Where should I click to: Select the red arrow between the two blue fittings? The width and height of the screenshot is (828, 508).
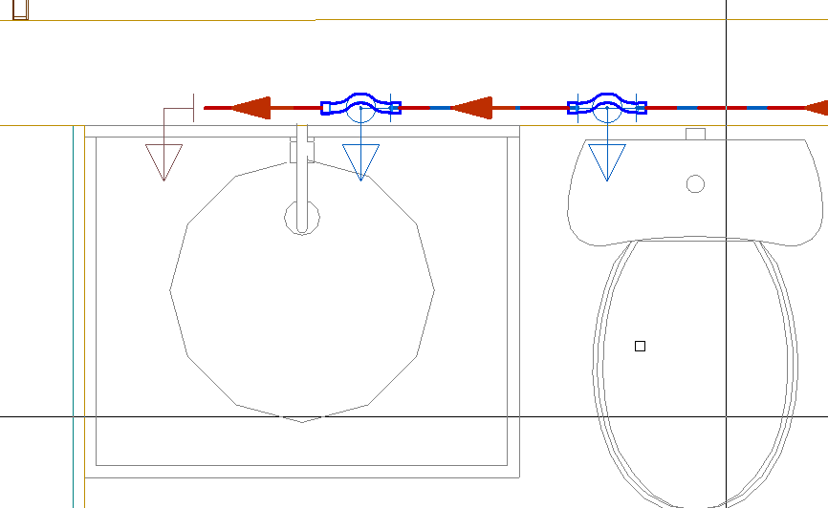tap(471, 107)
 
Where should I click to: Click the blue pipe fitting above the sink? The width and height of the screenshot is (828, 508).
tap(360, 105)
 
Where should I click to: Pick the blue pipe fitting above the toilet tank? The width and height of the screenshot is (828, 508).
tap(607, 105)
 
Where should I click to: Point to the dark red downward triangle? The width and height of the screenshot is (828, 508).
tap(163, 161)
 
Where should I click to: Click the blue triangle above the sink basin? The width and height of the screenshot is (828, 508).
tap(360, 161)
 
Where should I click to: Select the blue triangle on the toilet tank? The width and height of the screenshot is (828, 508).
tap(607, 161)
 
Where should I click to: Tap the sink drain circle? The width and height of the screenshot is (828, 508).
tap(302, 217)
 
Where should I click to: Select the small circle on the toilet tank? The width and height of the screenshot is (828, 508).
tap(696, 183)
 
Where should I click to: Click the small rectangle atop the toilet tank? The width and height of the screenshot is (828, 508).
tap(696, 134)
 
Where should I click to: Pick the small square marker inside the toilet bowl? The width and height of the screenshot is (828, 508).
tap(640, 346)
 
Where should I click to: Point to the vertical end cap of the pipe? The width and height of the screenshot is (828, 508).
tap(194, 107)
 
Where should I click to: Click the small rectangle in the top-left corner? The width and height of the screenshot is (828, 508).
tap(20, 10)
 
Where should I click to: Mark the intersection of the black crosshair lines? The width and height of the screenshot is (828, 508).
tap(727, 416)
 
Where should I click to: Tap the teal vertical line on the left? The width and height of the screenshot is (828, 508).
tap(74, 315)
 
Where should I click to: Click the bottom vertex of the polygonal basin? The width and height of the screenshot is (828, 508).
tap(302, 421)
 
